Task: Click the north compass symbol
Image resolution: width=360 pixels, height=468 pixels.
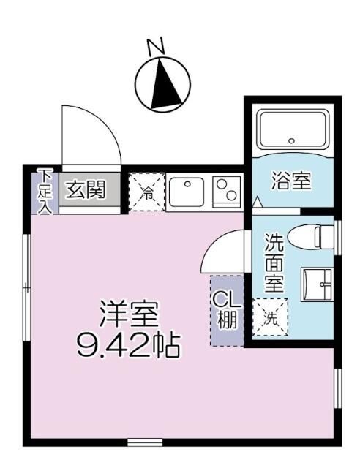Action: coord(163,83)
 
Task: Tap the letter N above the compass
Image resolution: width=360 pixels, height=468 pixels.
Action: coord(154,48)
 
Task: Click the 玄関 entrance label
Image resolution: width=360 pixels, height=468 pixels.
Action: coord(85,190)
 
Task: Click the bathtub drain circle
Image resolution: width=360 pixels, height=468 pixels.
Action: coord(291,140)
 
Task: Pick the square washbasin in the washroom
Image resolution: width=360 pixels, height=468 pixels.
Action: coord(316,283)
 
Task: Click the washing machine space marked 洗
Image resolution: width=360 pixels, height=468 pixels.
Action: coord(270,317)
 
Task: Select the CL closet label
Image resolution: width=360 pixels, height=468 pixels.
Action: coord(225,309)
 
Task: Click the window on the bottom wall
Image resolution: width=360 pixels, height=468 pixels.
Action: coord(145,442)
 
